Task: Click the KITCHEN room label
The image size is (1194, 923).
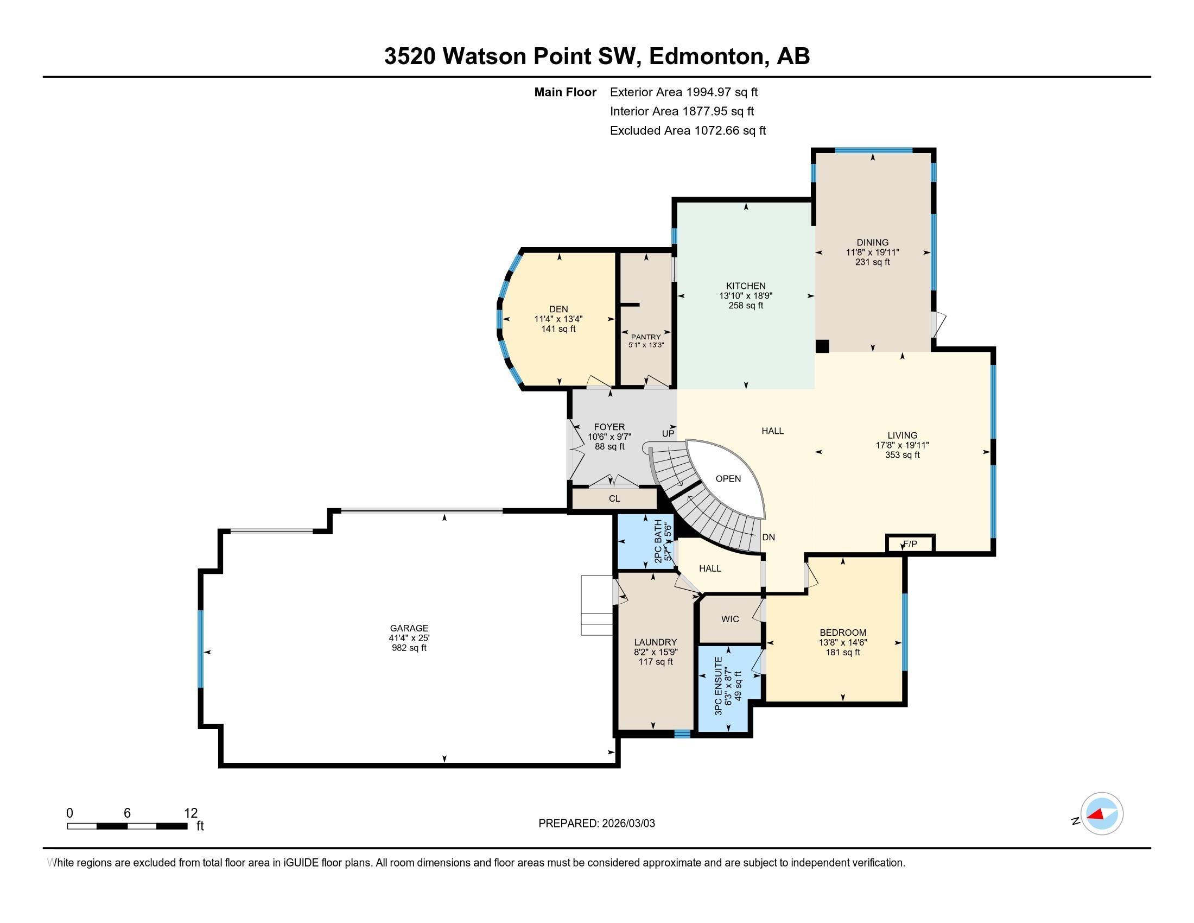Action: (x=746, y=286)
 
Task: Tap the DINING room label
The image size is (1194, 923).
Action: (x=873, y=242)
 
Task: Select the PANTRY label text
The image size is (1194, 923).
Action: (x=646, y=337)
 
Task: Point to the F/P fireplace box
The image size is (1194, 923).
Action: (x=910, y=544)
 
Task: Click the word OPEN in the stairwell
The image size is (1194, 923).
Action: (x=728, y=478)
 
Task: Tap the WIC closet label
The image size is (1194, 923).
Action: (x=730, y=619)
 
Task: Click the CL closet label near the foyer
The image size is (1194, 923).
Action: (x=614, y=498)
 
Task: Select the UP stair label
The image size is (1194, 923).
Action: (x=668, y=434)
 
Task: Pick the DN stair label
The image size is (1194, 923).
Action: (x=769, y=537)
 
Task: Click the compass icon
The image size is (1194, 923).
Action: (x=1102, y=814)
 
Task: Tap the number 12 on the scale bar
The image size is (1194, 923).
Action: (x=191, y=813)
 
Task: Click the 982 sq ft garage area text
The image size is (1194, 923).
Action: (x=409, y=648)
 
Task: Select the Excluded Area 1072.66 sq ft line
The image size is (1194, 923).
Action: (x=688, y=131)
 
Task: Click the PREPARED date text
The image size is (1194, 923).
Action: (x=596, y=823)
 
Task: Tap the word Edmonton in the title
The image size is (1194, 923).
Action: (x=706, y=56)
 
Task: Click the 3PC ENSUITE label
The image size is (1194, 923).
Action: (x=719, y=693)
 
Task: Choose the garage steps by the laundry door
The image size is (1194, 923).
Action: (x=596, y=605)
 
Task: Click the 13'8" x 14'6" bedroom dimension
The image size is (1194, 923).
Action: (x=842, y=642)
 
